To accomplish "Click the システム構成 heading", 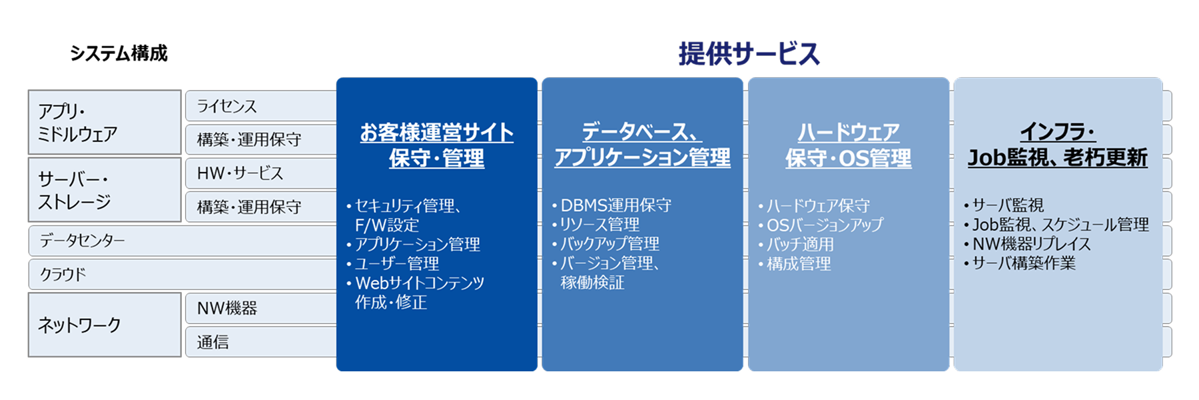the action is (119, 53).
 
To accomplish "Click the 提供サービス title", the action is (749, 54).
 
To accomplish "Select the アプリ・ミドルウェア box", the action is (105, 123).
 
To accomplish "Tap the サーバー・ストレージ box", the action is (105, 190).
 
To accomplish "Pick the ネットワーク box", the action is (105, 325).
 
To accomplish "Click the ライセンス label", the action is (227, 106).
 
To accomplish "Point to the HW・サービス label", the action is (240, 173).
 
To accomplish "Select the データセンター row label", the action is (82, 241).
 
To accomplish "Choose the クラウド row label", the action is (63, 274).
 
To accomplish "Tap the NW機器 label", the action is (227, 308).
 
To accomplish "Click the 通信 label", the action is (212, 342).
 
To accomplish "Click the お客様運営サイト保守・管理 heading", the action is (437, 145).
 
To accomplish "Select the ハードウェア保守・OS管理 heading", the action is (849, 145).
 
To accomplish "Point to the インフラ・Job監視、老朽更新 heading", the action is (1058, 145).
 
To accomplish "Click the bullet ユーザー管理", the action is (392, 264).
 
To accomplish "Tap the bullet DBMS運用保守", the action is (611, 205).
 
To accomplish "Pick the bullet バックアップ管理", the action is (605, 244).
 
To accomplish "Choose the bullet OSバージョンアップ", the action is (821, 225).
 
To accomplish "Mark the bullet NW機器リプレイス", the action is (1027, 244).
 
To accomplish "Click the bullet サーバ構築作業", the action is (1020, 263).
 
